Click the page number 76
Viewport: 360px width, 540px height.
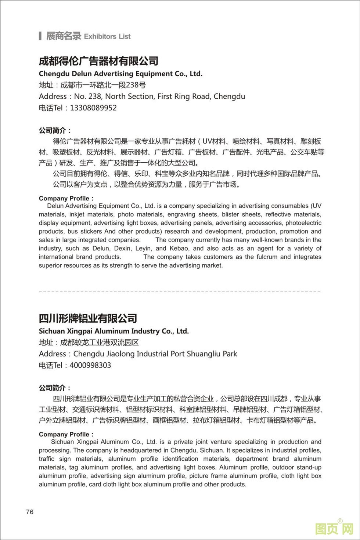30,512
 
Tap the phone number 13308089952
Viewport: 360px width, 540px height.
93,108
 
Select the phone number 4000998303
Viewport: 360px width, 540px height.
90,365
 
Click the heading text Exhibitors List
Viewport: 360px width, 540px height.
107,36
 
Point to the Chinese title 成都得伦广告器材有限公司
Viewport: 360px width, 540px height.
98,61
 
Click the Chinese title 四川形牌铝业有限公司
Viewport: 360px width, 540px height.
88,318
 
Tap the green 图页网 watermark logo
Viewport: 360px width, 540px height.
334,529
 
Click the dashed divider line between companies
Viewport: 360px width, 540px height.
180,292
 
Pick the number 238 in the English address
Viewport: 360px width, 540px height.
96,97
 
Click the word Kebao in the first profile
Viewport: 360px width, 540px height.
179,249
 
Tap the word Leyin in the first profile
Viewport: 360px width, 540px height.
143,249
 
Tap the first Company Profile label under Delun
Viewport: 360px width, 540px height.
66,199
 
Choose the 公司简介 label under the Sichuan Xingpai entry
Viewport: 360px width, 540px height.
55,388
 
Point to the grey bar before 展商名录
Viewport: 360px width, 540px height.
40,36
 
